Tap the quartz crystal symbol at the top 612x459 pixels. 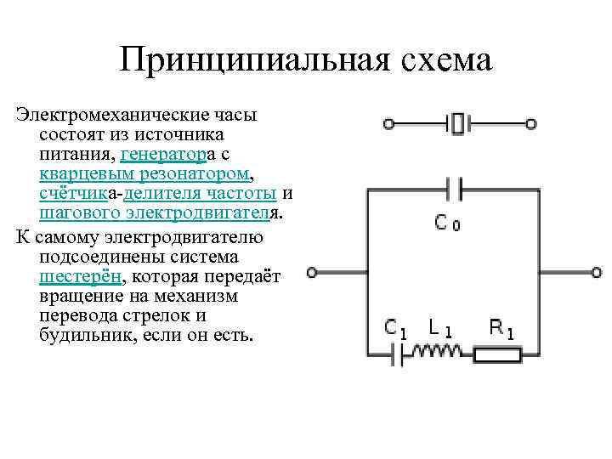[x=459, y=124]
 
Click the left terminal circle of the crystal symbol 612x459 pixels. [x=388, y=124]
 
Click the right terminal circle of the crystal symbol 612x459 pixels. [x=530, y=124]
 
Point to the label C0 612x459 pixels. [x=448, y=224]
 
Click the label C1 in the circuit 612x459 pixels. [x=396, y=327]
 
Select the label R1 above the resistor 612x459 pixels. [x=501, y=327]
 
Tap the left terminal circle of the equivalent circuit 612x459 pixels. [x=313, y=273]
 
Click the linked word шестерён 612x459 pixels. [x=81, y=277]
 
